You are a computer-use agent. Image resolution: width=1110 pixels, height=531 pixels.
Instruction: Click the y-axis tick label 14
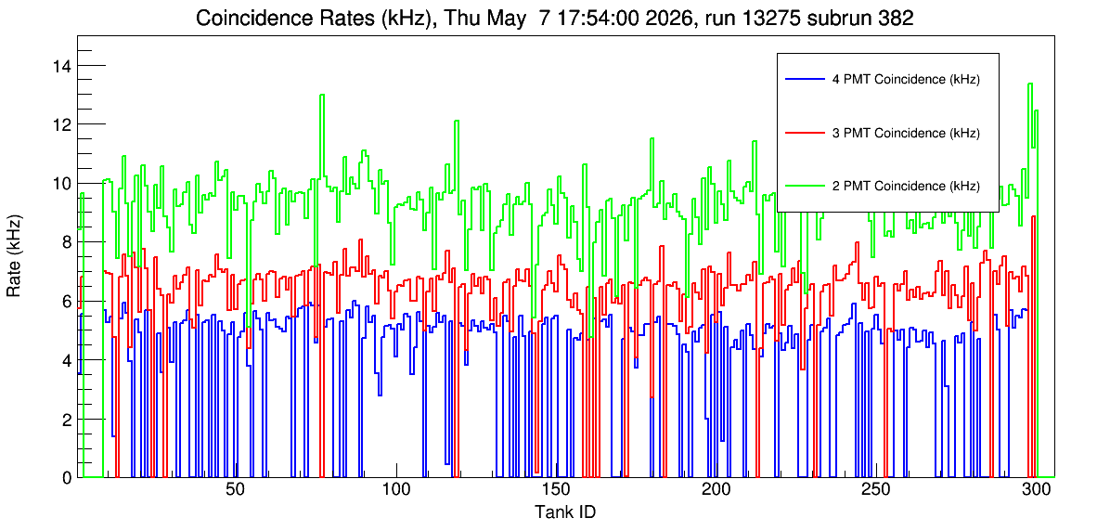point(62,66)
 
